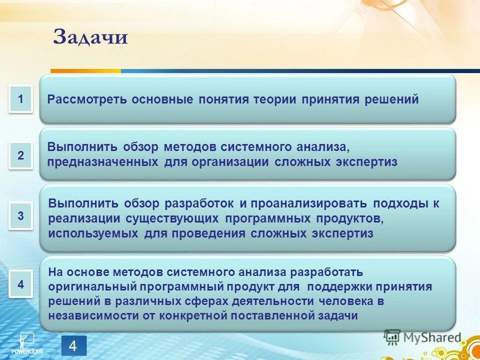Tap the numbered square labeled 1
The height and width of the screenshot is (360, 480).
coord(20,99)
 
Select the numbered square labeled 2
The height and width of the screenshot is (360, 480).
coord(20,155)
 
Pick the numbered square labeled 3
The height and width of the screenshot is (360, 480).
coord(20,216)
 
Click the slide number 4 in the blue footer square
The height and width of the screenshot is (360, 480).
coord(73,346)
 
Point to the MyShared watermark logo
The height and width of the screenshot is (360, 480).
coord(422,337)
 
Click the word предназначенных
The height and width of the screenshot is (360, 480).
coord(103,162)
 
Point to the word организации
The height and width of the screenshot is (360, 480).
coord(231,162)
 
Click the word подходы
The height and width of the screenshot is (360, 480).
coord(400,204)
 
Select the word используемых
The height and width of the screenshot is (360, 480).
coord(93,234)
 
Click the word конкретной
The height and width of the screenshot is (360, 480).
coord(195,316)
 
